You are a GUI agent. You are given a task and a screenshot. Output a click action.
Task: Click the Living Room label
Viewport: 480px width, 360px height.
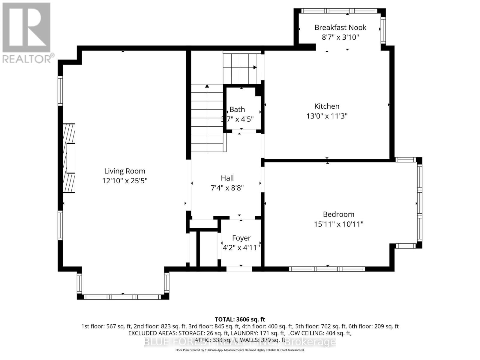click(124, 171)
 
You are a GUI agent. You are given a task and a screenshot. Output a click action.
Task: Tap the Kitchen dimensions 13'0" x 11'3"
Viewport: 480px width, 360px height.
click(327, 116)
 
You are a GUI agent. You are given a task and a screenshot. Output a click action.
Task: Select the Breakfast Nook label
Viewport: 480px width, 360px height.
click(340, 27)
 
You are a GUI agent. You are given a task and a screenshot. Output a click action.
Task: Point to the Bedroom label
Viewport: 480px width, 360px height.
click(338, 214)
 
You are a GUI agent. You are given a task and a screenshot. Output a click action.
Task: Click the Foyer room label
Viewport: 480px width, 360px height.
click(241, 238)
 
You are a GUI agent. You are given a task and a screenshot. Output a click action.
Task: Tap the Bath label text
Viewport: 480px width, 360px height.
click(237, 109)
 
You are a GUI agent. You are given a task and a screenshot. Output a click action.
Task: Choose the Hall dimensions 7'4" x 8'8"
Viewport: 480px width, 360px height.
click(227, 188)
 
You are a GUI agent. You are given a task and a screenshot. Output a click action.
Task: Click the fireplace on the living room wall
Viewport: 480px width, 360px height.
click(69, 158)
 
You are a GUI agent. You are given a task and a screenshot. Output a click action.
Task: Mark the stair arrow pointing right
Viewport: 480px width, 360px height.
click(255, 67)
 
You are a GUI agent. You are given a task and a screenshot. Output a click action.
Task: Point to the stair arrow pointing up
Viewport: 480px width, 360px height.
click(207, 86)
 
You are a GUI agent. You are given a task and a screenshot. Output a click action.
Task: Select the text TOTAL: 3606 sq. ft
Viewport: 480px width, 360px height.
click(240, 319)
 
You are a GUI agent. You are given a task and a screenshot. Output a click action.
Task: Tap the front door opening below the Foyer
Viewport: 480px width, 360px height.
click(239, 269)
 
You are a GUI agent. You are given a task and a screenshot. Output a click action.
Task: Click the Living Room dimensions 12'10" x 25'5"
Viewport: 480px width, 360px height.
click(124, 181)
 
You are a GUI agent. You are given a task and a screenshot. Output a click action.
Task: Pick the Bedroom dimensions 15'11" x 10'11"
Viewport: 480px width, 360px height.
click(338, 224)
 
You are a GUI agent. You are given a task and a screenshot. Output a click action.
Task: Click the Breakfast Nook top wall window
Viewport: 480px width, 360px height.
click(339, 11)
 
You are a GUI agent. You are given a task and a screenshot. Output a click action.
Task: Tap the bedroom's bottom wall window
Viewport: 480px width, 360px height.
click(327, 269)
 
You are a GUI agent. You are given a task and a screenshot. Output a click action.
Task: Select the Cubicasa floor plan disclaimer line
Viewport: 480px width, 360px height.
click(240, 350)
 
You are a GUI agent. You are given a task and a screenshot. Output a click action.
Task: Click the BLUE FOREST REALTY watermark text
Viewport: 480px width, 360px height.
click(240, 342)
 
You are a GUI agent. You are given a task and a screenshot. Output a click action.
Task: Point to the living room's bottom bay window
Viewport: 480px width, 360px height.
click(122, 297)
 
